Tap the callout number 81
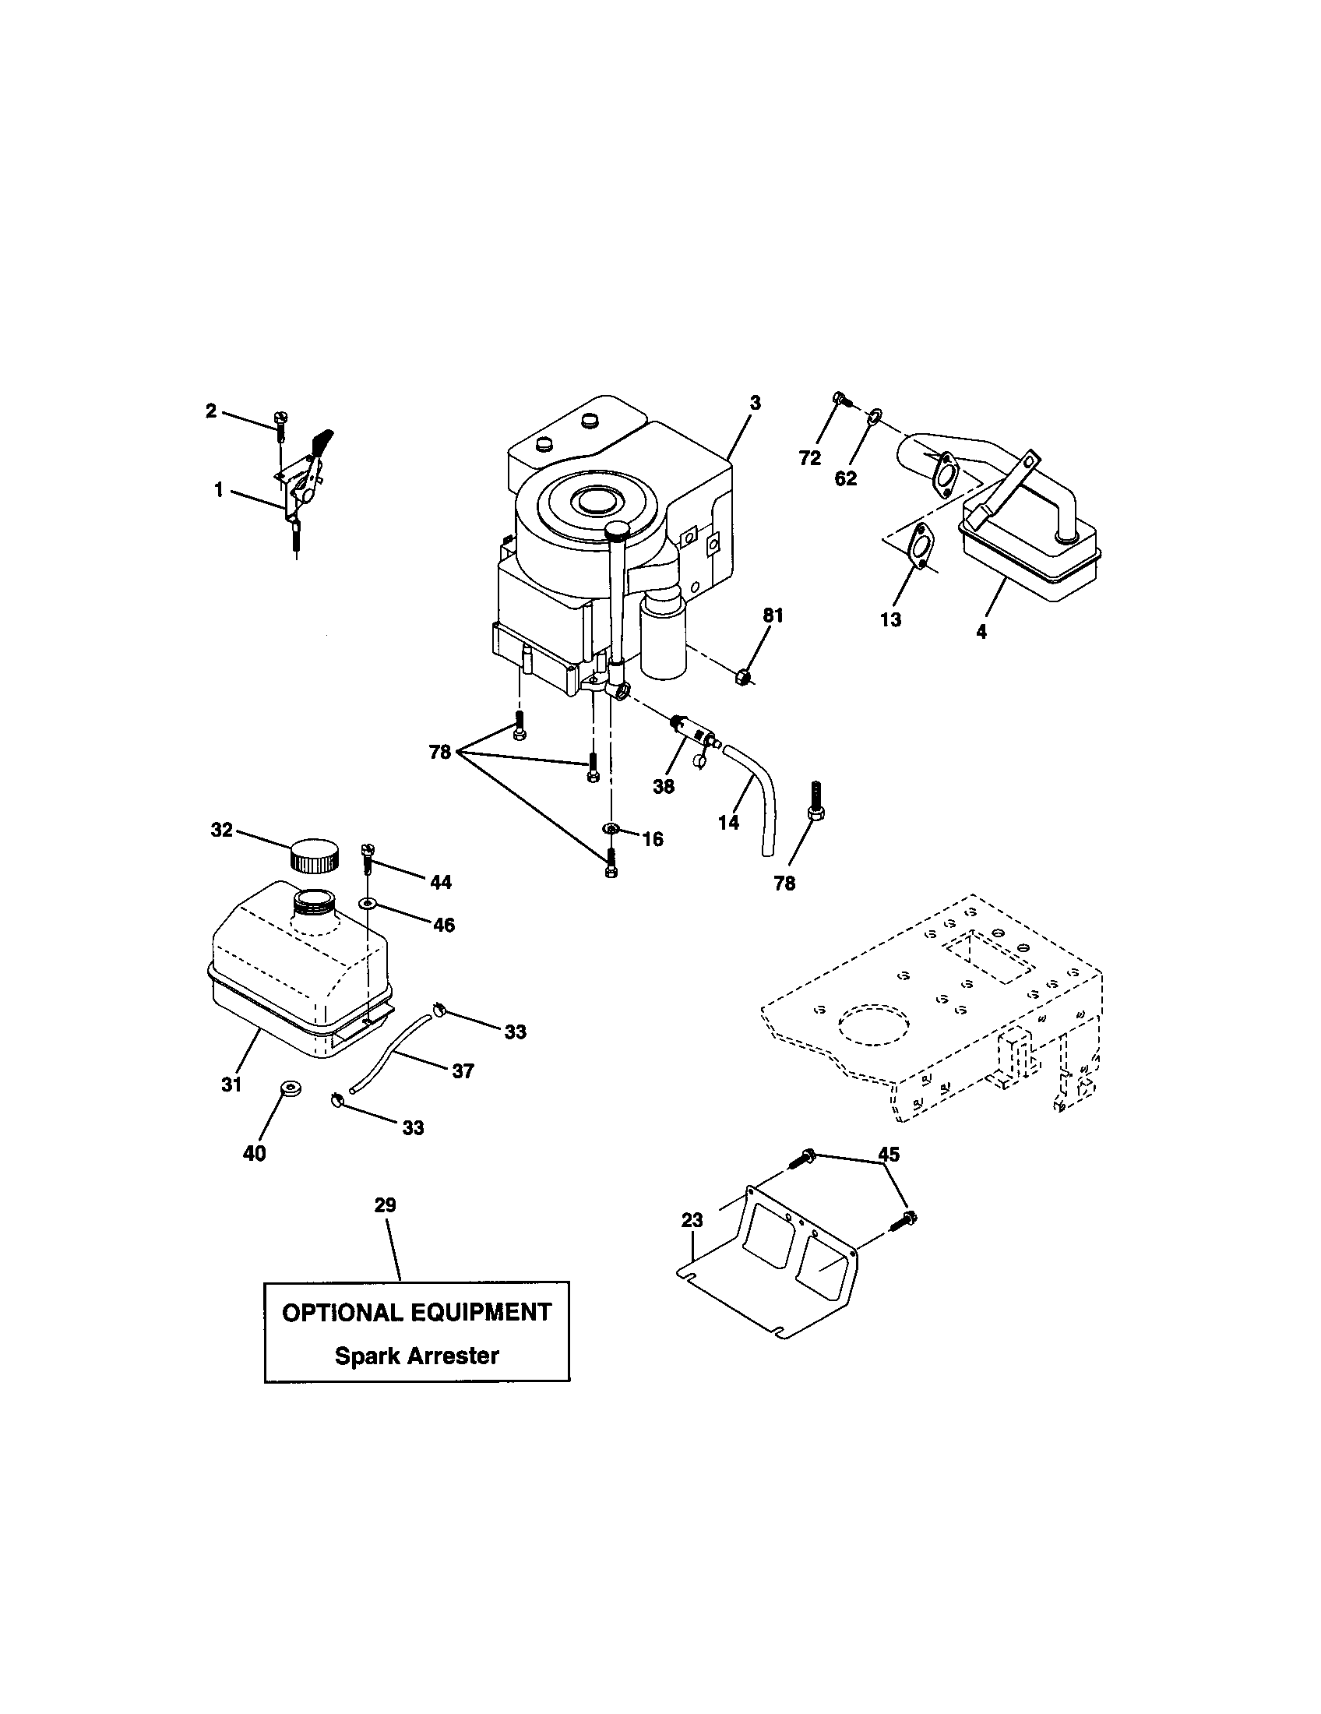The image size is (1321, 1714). click(x=773, y=616)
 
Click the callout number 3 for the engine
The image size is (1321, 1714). click(x=755, y=403)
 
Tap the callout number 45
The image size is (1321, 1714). click(x=889, y=1155)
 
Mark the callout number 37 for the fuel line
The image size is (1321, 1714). click(x=463, y=1070)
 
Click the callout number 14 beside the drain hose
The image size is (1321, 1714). click(x=729, y=823)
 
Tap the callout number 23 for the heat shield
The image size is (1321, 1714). click(x=692, y=1220)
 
